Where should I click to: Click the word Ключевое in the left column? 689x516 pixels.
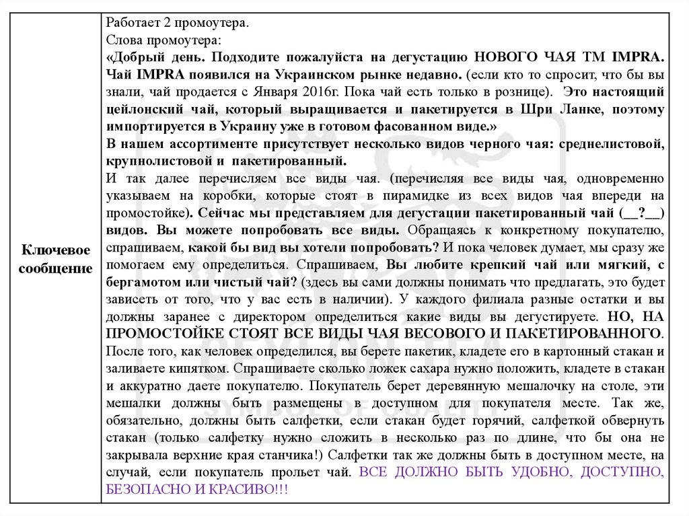pos(56,250)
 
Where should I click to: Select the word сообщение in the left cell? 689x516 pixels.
pos(56,268)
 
